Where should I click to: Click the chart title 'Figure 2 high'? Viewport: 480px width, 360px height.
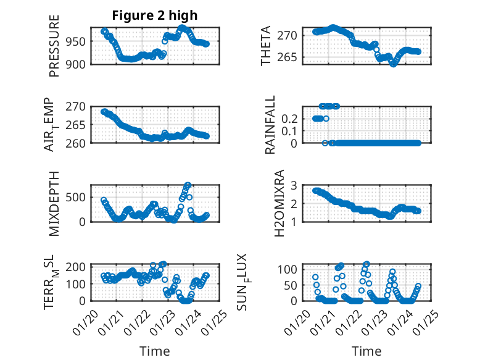pyautogui.click(x=155, y=15)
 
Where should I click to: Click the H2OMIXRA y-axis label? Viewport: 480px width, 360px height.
pyautogui.click(x=279, y=203)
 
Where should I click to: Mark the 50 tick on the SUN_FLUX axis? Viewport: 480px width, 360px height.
pyautogui.click(x=293, y=285)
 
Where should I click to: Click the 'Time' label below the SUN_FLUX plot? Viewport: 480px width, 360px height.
pyautogui.click(x=366, y=351)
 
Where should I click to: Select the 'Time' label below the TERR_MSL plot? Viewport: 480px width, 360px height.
pyautogui.click(x=155, y=351)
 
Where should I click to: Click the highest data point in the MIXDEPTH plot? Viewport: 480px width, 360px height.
pyautogui.click(x=188, y=185)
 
